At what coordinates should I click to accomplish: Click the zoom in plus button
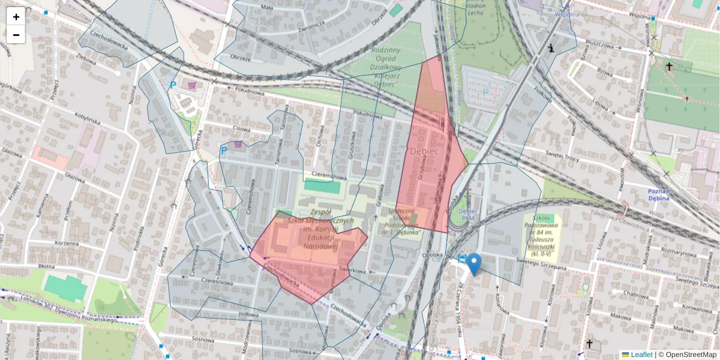tap(16, 17)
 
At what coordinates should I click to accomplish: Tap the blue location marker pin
tap(474, 263)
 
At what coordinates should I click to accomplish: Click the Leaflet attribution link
tap(641, 355)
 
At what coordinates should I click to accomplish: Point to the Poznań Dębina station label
tap(662, 194)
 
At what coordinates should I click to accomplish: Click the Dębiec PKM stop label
tap(467, 214)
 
